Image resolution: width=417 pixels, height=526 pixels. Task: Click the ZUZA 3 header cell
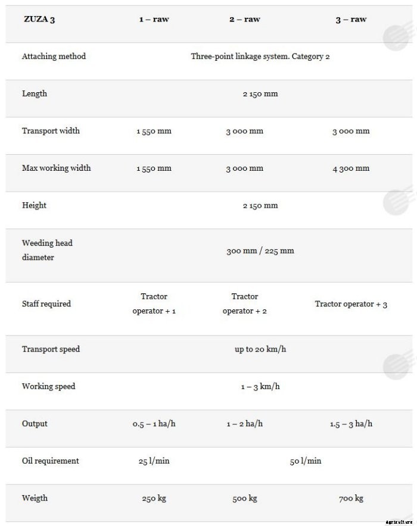(x=40, y=19)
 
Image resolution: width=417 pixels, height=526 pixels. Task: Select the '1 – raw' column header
(x=154, y=19)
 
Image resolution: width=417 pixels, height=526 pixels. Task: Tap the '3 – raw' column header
(x=351, y=19)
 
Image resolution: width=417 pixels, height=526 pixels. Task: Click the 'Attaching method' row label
(x=54, y=57)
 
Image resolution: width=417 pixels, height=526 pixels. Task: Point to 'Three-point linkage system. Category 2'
(x=260, y=57)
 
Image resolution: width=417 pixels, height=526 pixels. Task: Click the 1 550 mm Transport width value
(x=154, y=131)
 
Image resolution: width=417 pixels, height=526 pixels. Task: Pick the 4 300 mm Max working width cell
(x=351, y=168)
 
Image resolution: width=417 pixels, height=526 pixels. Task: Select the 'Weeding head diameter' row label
(x=47, y=250)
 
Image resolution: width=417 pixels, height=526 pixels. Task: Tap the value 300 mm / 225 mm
(x=260, y=251)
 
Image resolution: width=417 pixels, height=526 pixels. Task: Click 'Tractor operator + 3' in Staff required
(x=351, y=304)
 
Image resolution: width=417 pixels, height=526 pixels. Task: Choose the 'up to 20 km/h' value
(x=260, y=349)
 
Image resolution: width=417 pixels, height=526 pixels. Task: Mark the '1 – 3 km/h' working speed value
(x=260, y=387)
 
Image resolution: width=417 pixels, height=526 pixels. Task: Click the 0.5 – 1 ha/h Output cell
(x=154, y=424)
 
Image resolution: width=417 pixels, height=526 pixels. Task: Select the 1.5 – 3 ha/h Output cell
(x=351, y=424)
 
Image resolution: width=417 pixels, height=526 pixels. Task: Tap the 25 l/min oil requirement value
(x=154, y=461)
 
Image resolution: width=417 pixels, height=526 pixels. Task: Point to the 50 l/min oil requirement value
(x=306, y=461)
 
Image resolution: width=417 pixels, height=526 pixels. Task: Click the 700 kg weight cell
(x=351, y=499)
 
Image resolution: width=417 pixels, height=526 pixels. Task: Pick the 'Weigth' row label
(x=35, y=498)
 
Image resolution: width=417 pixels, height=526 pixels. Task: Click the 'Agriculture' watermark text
(x=399, y=522)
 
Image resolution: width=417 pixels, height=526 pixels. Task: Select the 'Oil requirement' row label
(x=50, y=461)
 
